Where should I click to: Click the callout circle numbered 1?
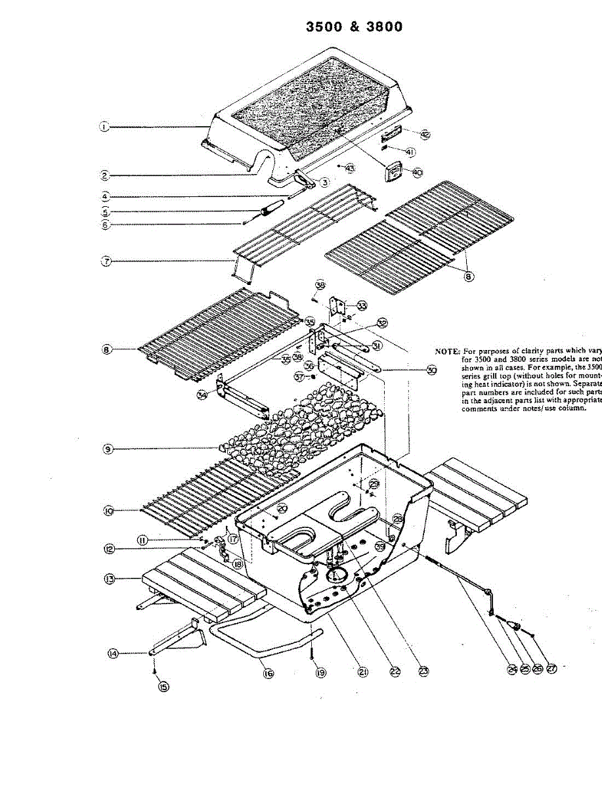(x=104, y=127)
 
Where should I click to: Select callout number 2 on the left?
(x=104, y=175)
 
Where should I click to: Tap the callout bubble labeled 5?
(x=104, y=212)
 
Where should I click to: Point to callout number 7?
(x=104, y=261)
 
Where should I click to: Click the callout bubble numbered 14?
(x=113, y=653)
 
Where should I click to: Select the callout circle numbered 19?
(x=320, y=672)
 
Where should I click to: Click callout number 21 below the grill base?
(x=361, y=672)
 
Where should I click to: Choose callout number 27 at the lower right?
(x=551, y=669)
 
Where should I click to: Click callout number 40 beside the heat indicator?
(x=418, y=172)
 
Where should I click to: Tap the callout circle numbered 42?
(x=425, y=135)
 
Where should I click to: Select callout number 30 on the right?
(x=431, y=370)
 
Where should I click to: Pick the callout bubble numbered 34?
(x=202, y=395)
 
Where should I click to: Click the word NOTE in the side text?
(x=447, y=351)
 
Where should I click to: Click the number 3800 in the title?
(x=377, y=27)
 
